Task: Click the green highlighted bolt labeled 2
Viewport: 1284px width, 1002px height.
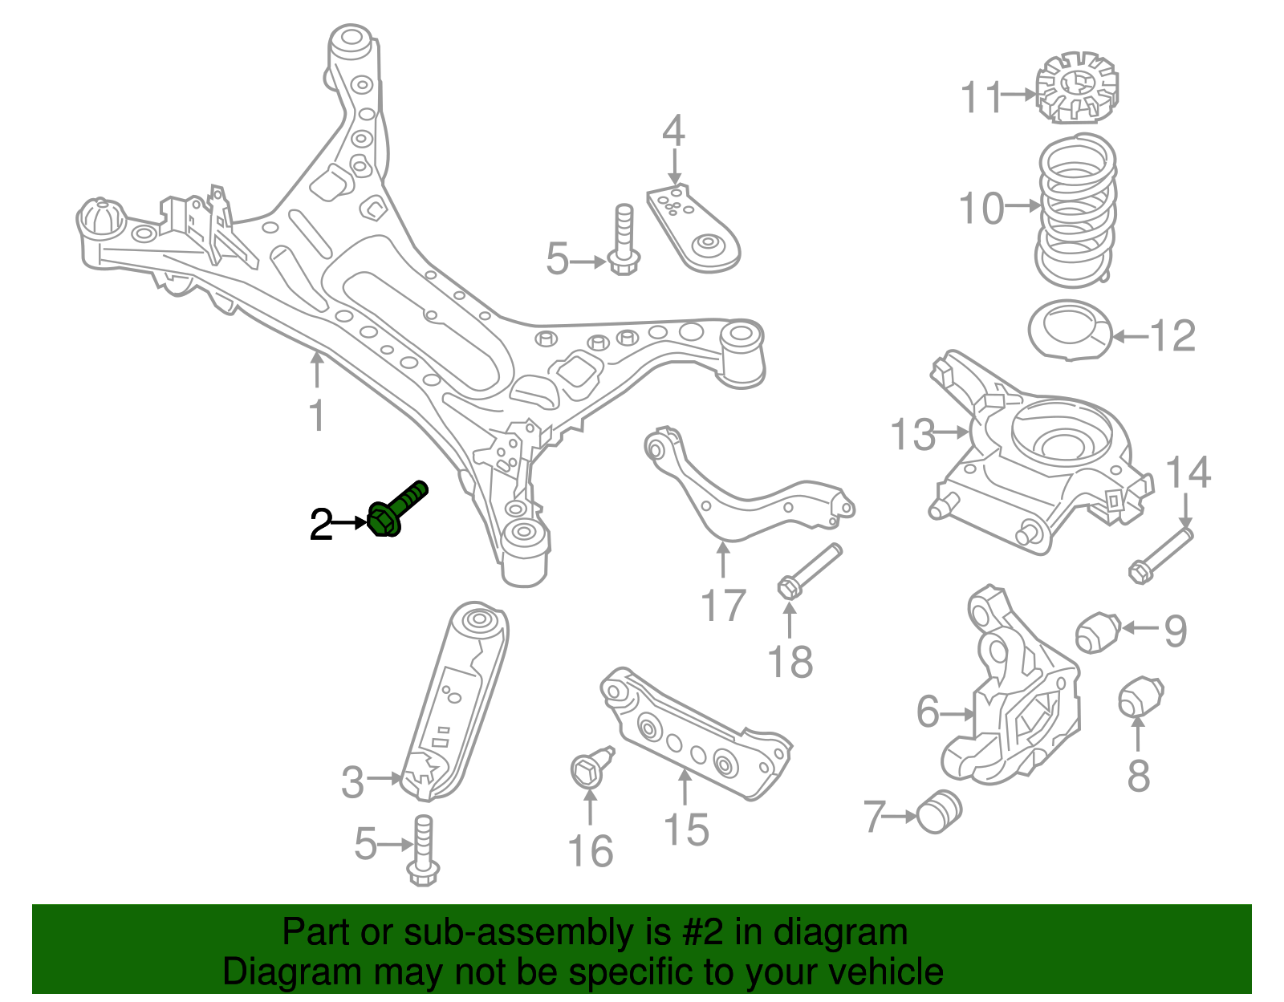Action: click(396, 509)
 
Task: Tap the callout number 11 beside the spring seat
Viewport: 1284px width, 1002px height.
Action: click(982, 97)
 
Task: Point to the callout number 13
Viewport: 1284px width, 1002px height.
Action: click(912, 434)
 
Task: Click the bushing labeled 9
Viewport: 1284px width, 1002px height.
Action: click(1097, 631)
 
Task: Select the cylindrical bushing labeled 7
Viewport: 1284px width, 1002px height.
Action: click(939, 812)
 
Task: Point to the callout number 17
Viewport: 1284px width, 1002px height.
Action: click(723, 606)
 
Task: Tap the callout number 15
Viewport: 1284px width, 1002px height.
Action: click(686, 830)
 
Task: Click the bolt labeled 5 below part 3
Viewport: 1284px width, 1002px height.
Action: click(423, 851)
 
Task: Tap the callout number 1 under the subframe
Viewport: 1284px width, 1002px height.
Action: click(318, 416)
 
